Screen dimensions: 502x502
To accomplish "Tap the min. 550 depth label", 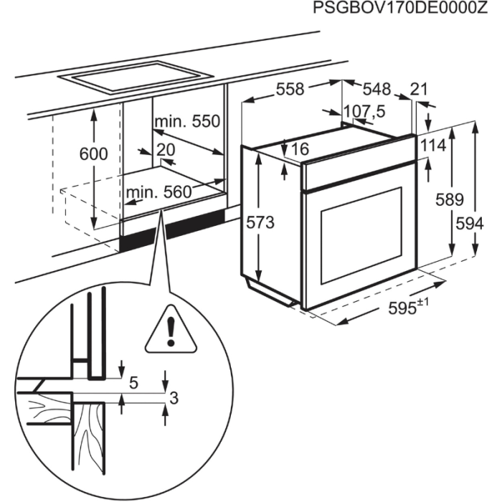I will coord(186,121).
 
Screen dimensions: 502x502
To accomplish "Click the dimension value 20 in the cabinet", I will coord(166,149).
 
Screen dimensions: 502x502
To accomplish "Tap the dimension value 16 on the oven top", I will coord(300,149).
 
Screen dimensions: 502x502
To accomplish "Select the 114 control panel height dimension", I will coord(432,146).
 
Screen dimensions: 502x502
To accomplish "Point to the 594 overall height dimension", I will coord(470,223).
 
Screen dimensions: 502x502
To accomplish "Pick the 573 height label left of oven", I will coord(260,222).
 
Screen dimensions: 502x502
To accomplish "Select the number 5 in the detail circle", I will coord(133,383).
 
